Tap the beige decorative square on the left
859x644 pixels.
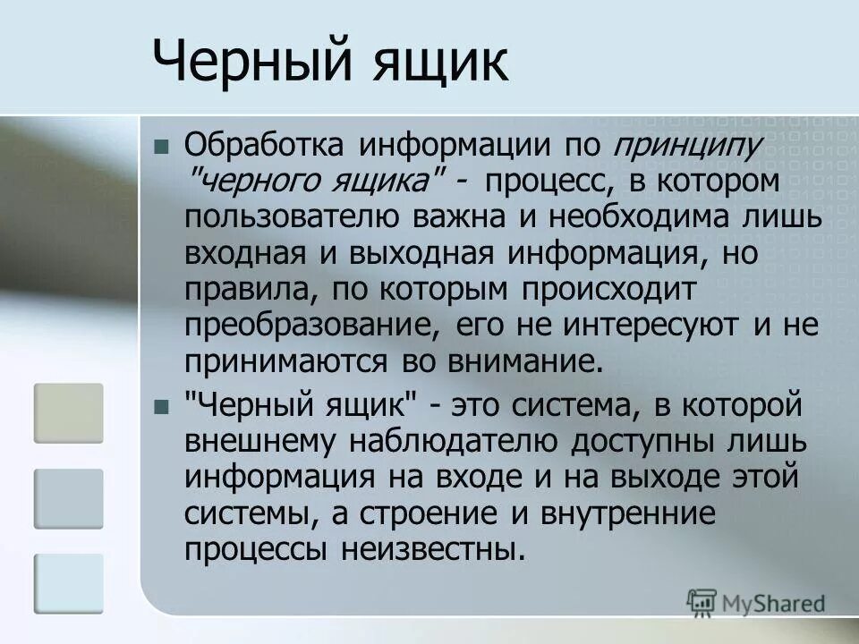(69, 412)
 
